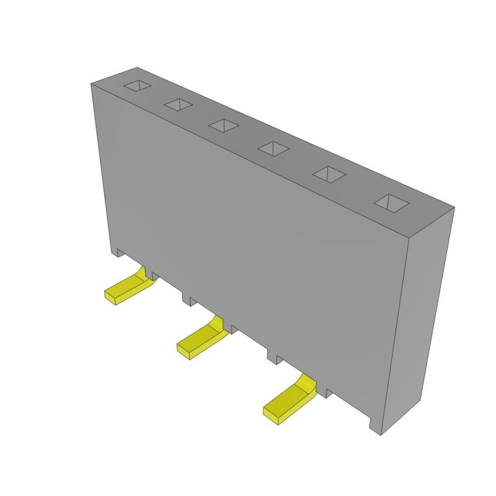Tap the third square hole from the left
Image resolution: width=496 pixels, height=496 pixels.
pyautogui.click(x=223, y=125)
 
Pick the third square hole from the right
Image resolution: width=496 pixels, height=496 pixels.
pyautogui.click(x=273, y=148)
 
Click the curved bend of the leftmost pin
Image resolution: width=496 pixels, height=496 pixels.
pyautogui.click(x=144, y=277)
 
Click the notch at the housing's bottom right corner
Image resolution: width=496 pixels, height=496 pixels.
pyautogui.click(x=374, y=425)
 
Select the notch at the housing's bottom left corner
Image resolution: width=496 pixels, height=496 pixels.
pyautogui.click(x=117, y=252)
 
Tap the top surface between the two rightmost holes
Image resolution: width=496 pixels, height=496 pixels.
pyautogui.click(x=358, y=188)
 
